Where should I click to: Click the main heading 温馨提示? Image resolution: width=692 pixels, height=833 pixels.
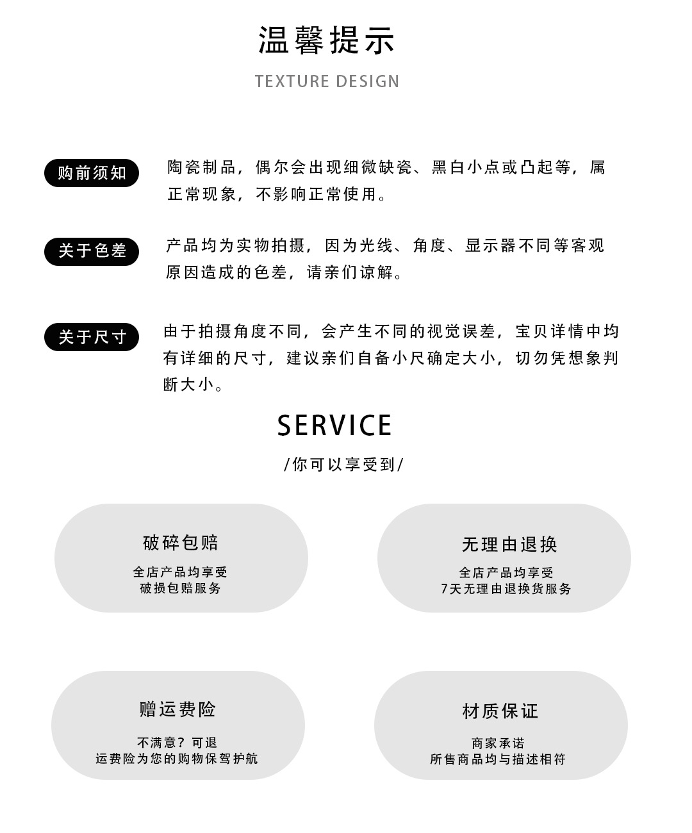[x=327, y=40]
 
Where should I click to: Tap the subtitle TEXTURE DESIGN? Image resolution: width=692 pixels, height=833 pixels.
[x=327, y=81]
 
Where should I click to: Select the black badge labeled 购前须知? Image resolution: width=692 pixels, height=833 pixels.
[x=92, y=173]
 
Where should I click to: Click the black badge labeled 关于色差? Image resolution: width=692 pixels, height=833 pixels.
[x=92, y=251]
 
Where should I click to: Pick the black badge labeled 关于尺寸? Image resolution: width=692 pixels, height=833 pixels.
[x=92, y=337]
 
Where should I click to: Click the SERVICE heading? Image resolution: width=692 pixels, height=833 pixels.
[x=334, y=425]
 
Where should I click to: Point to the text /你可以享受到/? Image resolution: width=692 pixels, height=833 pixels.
[x=343, y=465]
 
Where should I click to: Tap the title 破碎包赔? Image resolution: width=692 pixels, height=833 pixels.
[x=181, y=543]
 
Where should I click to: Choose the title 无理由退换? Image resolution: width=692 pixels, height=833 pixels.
[x=509, y=545]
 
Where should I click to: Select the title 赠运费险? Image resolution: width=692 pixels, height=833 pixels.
[x=177, y=709]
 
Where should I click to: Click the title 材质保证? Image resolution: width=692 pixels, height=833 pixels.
[x=500, y=711]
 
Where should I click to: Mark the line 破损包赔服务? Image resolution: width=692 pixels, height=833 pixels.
[x=181, y=588]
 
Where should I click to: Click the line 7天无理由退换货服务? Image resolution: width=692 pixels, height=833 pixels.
[x=506, y=589]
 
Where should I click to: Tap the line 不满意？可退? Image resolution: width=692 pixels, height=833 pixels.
[x=177, y=743]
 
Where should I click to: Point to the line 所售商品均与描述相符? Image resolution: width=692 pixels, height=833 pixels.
[x=498, y=759]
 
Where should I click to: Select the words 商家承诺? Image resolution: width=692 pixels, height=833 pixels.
[x=498, y=743]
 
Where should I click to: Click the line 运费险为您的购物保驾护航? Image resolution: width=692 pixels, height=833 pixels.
[x=177, y=759]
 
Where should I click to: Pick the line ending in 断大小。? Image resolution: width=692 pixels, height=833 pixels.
[x=194, y=385]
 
